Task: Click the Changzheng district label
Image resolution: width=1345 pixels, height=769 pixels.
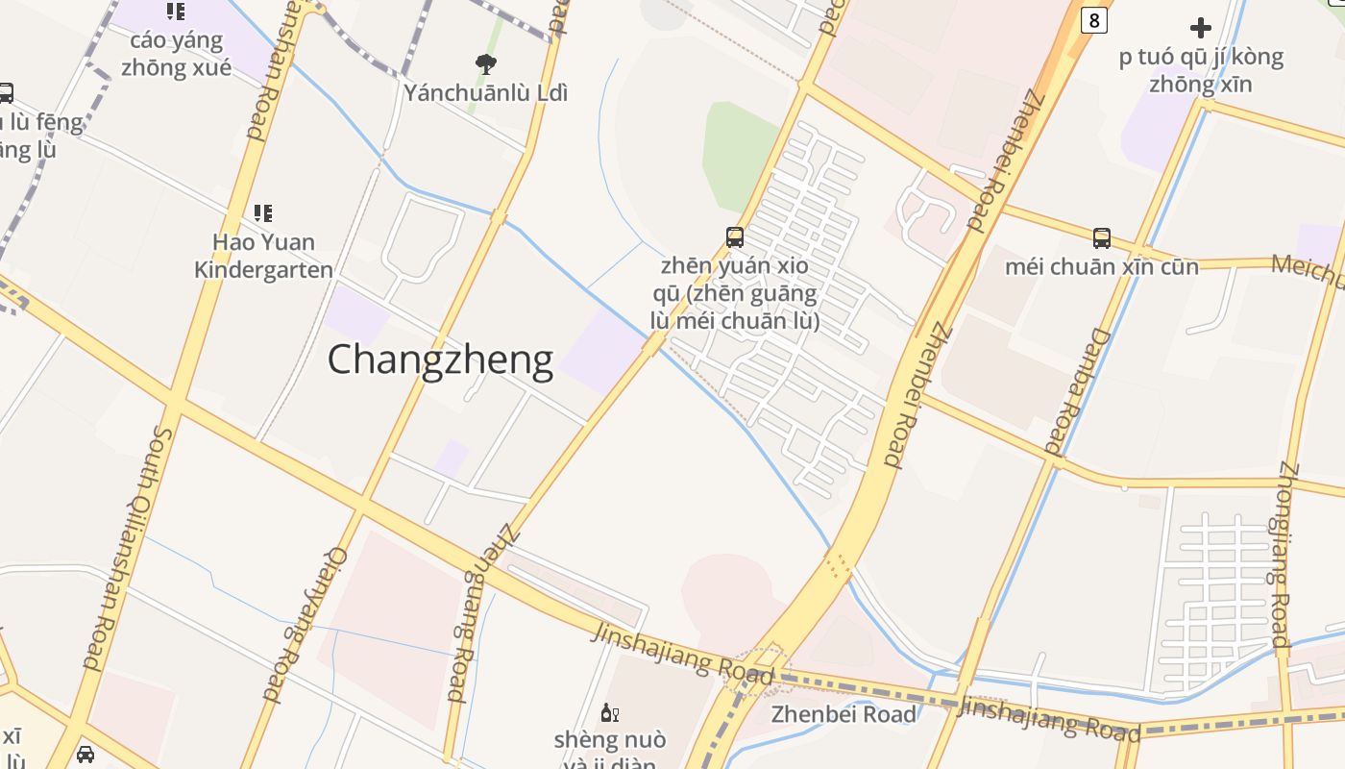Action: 440,360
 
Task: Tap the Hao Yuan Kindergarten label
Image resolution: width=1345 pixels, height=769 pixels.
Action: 263,256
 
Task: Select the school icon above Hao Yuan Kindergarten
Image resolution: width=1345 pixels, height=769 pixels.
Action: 263,212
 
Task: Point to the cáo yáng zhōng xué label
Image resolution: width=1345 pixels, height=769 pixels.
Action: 176,54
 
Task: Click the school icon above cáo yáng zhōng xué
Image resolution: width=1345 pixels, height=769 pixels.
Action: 175,12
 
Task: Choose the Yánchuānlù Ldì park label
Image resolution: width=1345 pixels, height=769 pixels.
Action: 486,93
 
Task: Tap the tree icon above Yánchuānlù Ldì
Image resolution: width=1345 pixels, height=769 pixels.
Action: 486,64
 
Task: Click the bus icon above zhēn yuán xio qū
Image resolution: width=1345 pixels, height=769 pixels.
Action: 735,236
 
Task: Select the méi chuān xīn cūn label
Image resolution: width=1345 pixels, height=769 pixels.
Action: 1102,266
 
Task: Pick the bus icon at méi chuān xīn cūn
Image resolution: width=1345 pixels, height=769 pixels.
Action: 1102,237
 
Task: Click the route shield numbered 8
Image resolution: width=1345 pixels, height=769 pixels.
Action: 1093,19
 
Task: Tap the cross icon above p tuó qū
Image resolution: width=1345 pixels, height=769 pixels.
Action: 1201,28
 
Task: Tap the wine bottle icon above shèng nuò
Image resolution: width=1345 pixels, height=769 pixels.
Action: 609,712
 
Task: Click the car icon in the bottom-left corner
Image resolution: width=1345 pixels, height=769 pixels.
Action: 86,755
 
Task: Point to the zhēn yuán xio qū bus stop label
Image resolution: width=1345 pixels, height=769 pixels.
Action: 741,293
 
